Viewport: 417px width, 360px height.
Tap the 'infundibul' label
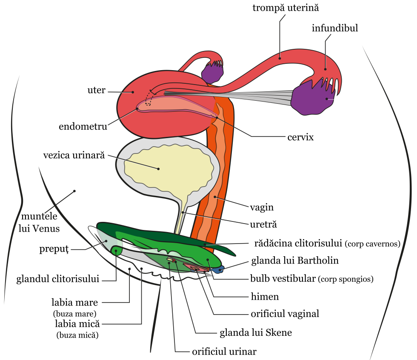(334, 28)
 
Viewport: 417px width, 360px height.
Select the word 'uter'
(96, 91)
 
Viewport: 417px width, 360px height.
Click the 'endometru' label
(83, 126)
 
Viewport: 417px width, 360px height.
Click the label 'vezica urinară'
(74, 155)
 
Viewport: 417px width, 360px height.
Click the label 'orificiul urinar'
(224, 351)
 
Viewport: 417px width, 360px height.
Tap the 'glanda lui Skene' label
(256, 332)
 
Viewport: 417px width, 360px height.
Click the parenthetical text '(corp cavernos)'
(373, 244)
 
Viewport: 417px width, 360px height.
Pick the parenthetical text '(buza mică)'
(77, 335)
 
